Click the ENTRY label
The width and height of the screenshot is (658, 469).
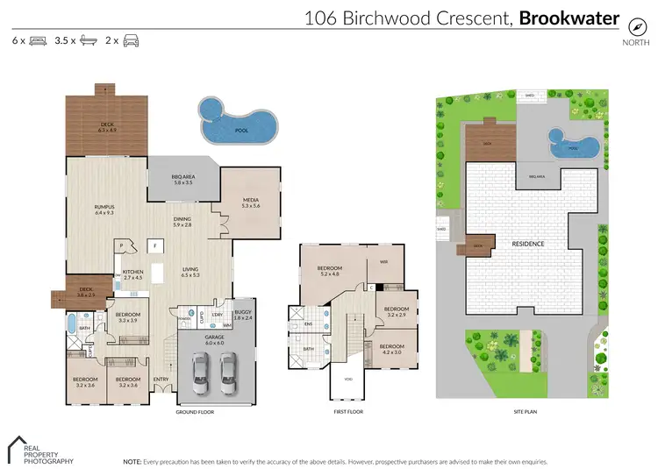coord(161,379)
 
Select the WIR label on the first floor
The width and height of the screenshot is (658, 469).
coord(383,261)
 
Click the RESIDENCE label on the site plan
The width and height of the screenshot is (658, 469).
coord(528,244)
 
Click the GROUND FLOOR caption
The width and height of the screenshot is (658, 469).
coord(195,411)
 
